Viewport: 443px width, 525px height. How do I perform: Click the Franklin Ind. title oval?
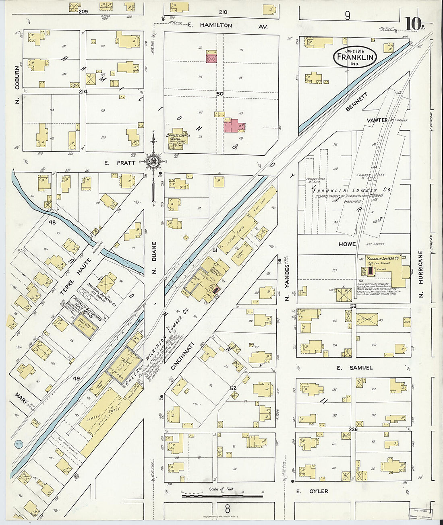click(x=355, y=58)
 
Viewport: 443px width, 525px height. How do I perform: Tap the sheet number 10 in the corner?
click(x=412, y=24)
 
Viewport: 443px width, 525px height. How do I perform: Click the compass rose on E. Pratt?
click(x=153, y=162)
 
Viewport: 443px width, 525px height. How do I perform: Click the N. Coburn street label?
click(x=17, y=82)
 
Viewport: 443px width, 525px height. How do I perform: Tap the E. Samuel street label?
click(x=355, y=367)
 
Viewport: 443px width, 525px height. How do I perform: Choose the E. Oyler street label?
click(x=312, y=491)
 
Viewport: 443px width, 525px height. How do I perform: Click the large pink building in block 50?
click(x=234, y=126)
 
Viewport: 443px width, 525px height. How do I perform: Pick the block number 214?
click(x=83, y=92)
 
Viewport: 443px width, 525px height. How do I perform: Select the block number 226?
click(x=353, y=429)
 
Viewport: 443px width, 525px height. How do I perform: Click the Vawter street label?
click(x=377, y=120)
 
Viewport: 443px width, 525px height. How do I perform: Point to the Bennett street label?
click(x=357, y=102)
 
